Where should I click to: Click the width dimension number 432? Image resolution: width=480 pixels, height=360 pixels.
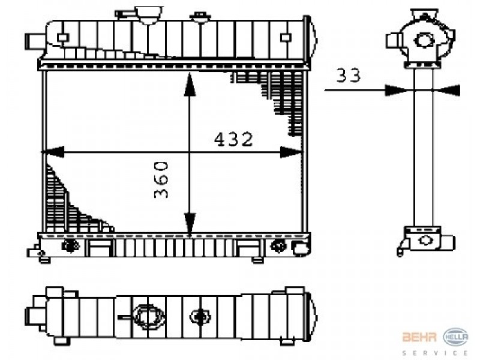(233, 139)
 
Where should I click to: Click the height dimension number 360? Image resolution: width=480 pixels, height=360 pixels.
(161, 179)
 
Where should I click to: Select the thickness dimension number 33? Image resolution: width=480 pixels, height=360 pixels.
(349, 76)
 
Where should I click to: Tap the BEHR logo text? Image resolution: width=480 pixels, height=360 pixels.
(419, 337)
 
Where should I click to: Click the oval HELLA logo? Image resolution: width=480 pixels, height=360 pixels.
(456, 337)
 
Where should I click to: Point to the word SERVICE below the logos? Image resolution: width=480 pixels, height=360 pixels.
(435, 353)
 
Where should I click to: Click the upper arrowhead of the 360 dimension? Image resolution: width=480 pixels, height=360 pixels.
(190, 84)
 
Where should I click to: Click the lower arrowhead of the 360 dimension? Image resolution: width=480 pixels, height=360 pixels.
(190, 226)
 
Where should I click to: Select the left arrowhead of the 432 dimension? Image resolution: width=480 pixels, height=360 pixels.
(53, 152)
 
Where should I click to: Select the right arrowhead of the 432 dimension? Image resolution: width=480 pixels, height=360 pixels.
(291, 152)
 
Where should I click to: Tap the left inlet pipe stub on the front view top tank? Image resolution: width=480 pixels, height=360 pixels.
(35, 41)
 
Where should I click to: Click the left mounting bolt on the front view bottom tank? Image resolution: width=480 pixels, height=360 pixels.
(71, 245)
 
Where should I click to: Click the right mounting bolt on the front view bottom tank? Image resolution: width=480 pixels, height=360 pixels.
(278, 246)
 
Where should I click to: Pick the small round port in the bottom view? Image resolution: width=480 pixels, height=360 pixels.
(200, 317)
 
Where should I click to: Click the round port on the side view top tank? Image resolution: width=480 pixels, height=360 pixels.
(424, 40)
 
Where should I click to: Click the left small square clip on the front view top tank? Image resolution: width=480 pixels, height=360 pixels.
(63, 38)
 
